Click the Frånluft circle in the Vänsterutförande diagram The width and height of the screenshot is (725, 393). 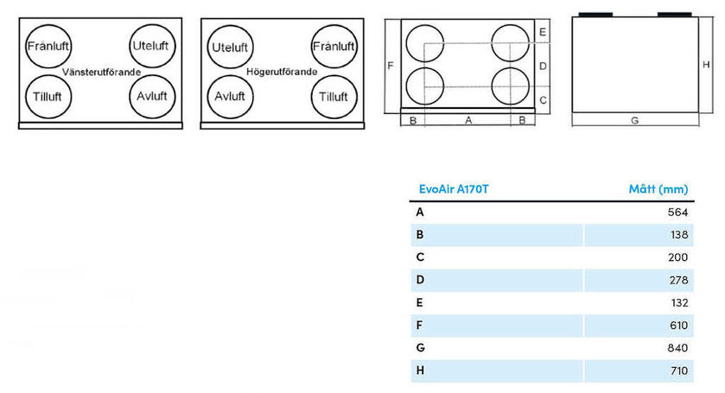point(48,47)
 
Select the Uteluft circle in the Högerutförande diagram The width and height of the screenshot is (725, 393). point(230,47)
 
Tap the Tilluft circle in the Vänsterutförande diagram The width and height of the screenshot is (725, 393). point(48,97)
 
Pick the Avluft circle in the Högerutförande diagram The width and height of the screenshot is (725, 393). point(230,97)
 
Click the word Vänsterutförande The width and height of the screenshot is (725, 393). point(101,73)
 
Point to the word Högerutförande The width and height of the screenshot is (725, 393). point(282,72)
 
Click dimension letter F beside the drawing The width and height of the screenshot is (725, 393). point(391,66)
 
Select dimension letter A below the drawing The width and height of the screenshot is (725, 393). point(468,121)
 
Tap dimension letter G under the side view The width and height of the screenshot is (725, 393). point(635,121)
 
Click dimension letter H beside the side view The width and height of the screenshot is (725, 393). point(706,65)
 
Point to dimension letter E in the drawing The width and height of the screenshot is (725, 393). point(543,32)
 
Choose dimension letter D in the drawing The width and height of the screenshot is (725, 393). point(543,67)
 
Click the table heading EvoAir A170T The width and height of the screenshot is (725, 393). point(454,189)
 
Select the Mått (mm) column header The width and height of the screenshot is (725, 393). point(658,189)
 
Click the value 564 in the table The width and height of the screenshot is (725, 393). point(677,212)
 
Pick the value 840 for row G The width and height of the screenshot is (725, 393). point(677,348)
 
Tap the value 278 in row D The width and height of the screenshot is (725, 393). point(678,280)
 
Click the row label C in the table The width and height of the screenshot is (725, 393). point(420,257)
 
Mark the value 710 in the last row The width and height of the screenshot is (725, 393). point(678,371)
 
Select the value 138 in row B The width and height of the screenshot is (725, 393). point(679,235)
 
